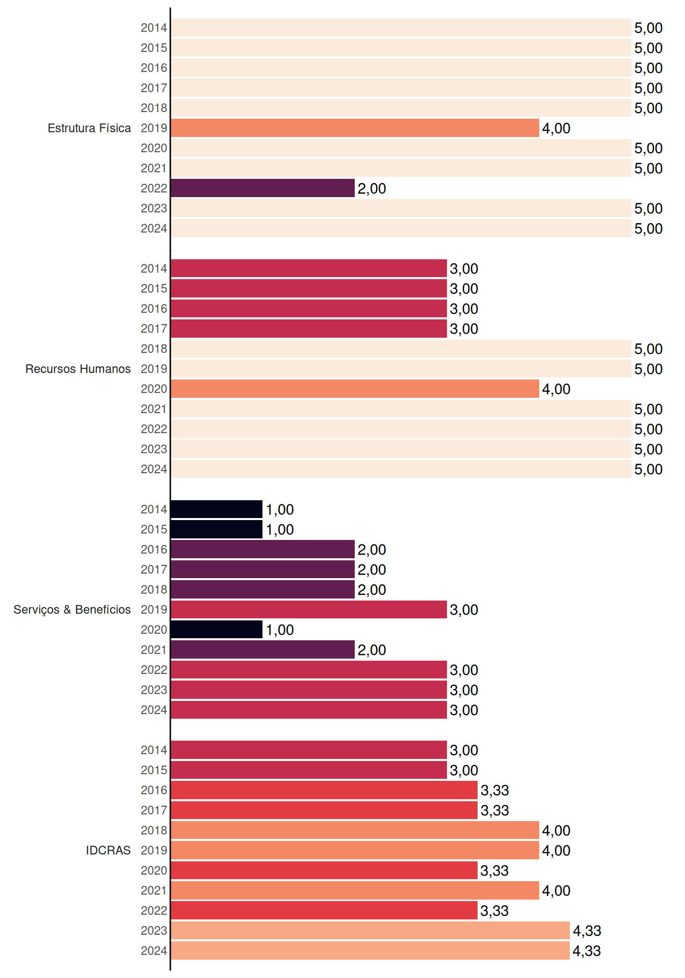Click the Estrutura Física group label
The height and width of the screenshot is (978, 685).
(89, 128)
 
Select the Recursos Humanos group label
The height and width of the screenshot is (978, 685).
(78, 369)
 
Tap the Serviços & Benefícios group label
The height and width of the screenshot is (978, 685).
(72, 610)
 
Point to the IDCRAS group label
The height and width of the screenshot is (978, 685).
(108, 850)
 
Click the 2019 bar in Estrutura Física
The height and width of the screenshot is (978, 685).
(355, 128)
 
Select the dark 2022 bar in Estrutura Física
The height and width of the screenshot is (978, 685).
(262, 188)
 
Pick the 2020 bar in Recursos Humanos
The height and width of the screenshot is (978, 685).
(355, 389)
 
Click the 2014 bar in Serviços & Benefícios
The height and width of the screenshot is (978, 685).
(217, 509)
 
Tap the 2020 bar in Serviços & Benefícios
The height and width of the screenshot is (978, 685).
(217, 630)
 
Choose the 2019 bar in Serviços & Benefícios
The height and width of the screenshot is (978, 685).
(309, 610)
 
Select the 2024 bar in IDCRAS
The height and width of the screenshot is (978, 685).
(370, 950)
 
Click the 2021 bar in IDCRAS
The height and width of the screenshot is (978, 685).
(355, 890)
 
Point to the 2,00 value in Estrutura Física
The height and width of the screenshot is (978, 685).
(372, 188)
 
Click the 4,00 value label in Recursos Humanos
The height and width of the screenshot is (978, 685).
(556, 389)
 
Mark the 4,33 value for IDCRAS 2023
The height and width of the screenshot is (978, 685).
(587, 931)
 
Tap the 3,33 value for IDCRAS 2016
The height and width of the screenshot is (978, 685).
(494, 790)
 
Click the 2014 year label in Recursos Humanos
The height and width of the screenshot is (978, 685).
(154, 268)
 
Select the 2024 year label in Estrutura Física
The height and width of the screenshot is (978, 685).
(154, 228)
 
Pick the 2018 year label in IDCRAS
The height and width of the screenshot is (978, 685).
(154, 830)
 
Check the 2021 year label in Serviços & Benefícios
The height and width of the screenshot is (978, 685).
(154, 650)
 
